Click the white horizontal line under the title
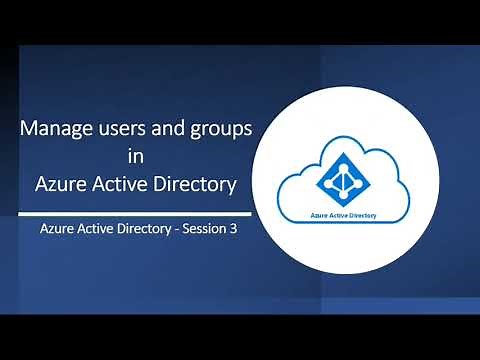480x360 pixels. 134,212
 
